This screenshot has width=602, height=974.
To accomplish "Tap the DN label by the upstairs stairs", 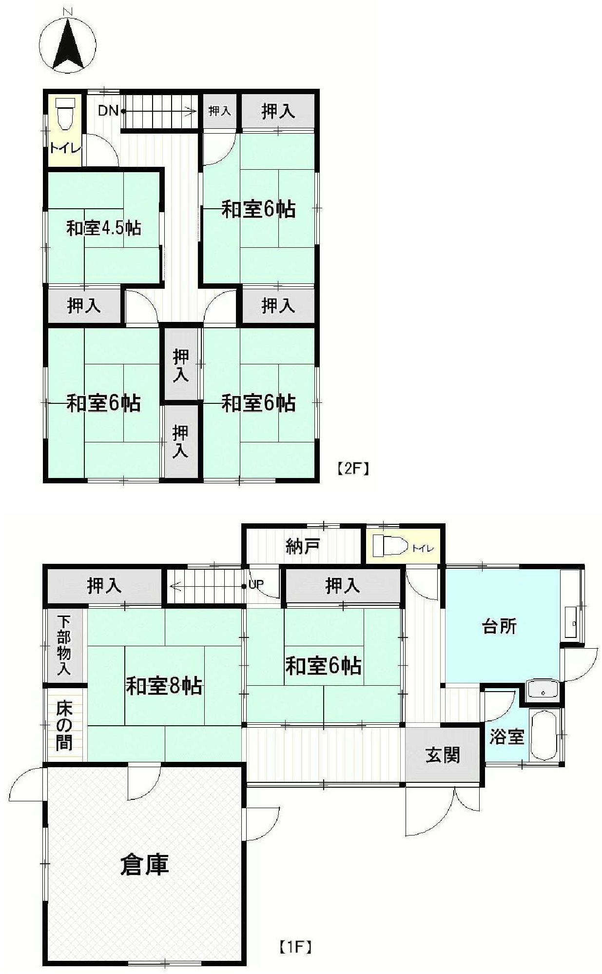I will tap(108, 111).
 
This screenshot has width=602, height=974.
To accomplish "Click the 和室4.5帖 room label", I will tap(103, 228).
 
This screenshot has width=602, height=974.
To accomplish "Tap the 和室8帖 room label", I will tap(164, 686).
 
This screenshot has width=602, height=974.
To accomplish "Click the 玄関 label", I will tap(443, 755).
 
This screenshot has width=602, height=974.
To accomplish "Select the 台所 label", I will tap(499, 626).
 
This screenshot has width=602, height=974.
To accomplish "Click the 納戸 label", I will tap(302, 547).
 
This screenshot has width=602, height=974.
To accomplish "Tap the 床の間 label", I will tap(64, 725).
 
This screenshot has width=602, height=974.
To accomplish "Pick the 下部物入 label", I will tap(64, 645).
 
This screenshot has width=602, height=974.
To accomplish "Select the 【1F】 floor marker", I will tap(295, 948).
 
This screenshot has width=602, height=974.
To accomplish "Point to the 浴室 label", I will tap(506, 736).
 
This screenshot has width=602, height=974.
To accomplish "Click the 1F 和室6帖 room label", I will tap(323, 665).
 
